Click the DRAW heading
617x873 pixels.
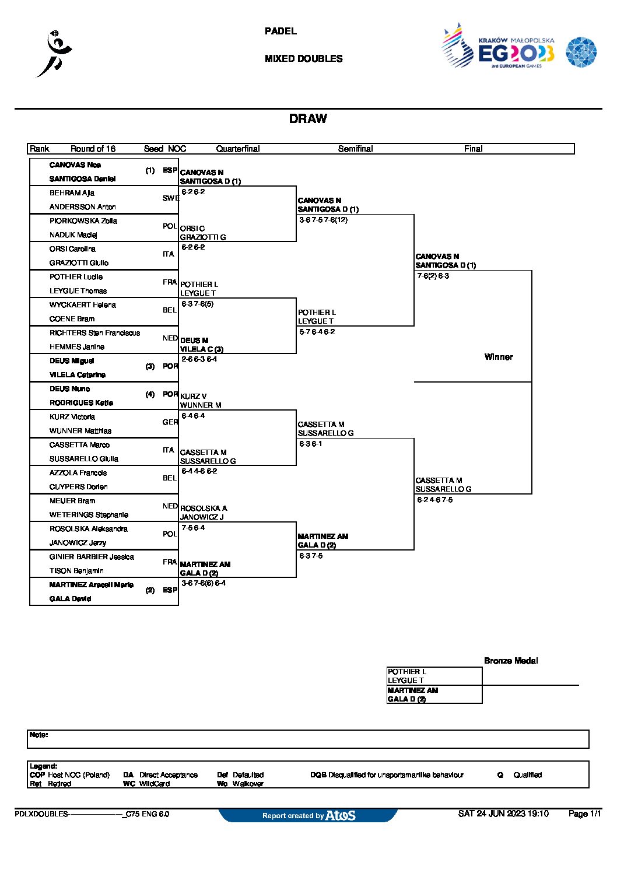(308, 119)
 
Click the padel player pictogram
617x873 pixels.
(55, 54)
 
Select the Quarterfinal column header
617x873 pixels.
(238, 149)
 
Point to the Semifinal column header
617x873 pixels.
(355, 149)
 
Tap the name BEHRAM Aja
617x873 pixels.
(72, 193)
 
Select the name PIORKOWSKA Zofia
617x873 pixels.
(83, 221)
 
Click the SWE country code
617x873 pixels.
(170, 198)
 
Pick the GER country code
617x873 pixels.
(170, 422)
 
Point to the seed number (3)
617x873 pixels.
(150, 366)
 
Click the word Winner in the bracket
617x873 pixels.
(499, 357)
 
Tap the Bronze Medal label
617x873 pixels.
(511, 661)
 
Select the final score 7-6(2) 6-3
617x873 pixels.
(433, 276)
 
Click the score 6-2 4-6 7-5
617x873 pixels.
(434, 500)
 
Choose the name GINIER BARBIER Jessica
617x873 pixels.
(92, 557)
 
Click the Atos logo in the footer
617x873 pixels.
(341, 815)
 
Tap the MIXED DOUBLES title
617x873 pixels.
(303, 59)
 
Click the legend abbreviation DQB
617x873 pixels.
(318, 775)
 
